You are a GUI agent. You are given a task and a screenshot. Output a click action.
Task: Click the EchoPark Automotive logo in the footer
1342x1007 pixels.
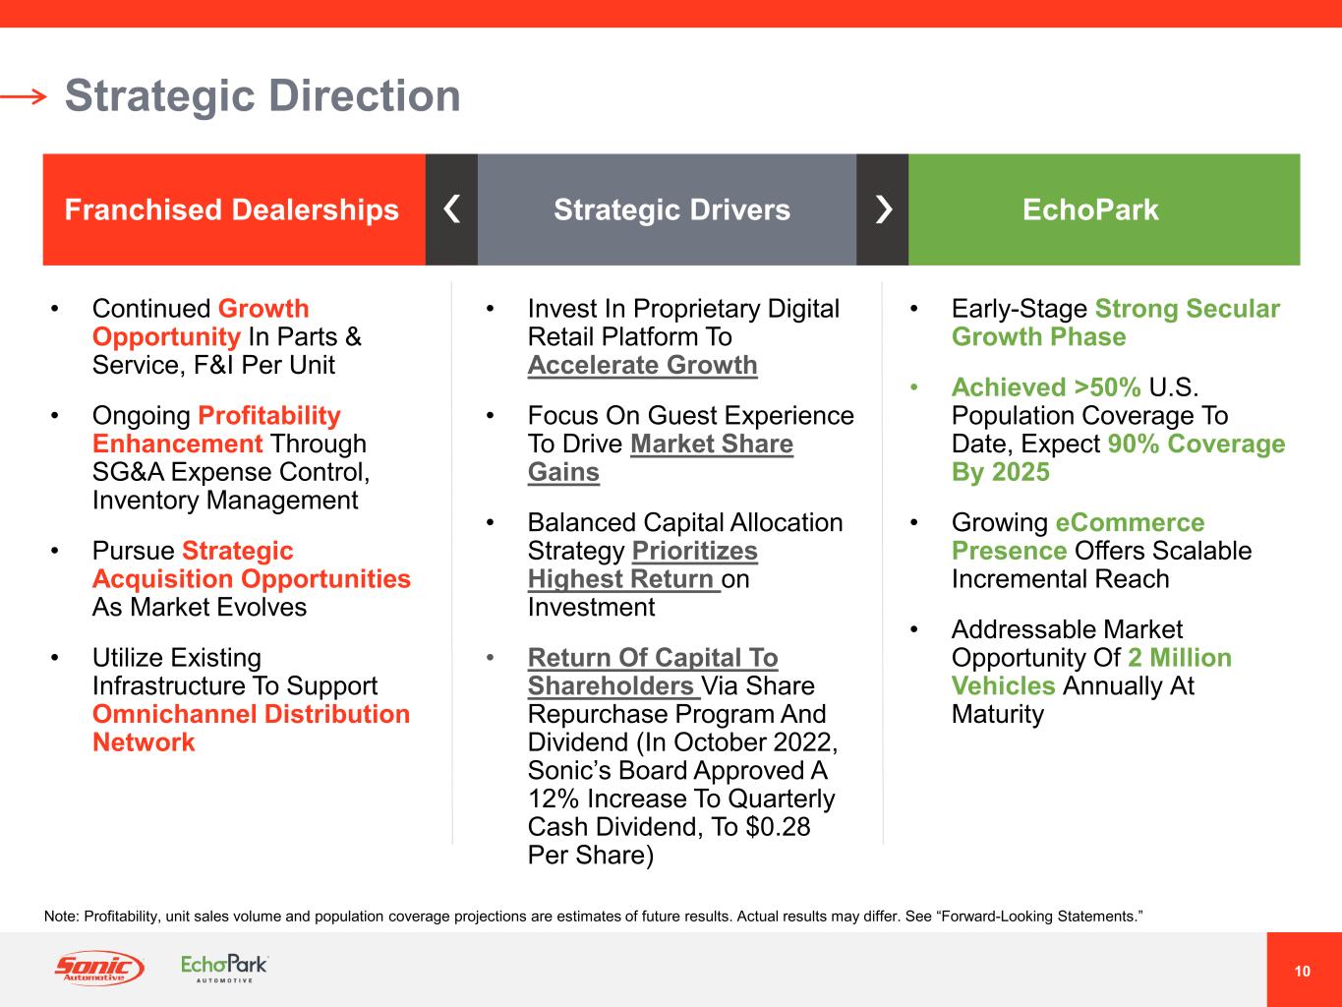(224, 969)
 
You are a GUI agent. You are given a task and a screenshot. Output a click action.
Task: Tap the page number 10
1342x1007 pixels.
(1303, 971)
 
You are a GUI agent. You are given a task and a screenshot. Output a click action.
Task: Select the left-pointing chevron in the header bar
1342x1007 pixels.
(451, 209)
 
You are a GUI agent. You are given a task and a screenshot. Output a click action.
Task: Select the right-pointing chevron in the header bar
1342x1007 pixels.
(884, 209)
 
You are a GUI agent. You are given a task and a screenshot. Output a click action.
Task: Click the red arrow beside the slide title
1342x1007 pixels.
(24, 96)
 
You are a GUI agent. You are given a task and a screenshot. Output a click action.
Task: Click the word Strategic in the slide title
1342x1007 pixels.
(160, 97)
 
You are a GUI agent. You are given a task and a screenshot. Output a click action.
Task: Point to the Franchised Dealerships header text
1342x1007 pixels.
(232, 209)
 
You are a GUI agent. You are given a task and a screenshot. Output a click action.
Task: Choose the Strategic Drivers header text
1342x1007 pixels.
(671, 209)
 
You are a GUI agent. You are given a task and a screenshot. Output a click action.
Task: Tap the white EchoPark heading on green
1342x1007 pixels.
(1090, 209)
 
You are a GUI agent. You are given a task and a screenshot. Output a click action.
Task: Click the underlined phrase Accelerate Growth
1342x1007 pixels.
(643, 365)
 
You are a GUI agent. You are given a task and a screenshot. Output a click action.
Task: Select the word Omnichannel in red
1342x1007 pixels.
(175, 714)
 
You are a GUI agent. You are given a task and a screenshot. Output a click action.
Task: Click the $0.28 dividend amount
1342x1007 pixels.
(778, 827)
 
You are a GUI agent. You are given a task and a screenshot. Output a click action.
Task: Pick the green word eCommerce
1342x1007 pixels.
(1130, 523)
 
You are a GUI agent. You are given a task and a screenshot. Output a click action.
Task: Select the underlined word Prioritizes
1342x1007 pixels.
(695, 551)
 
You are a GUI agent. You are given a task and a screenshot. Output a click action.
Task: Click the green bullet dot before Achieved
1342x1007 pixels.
(914, 387)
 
